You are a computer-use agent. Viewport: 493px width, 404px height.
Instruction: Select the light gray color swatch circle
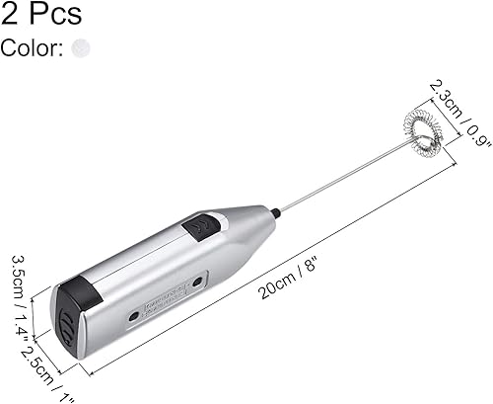tap(82, 47)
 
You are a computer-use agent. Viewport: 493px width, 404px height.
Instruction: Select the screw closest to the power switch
tap(197, 283)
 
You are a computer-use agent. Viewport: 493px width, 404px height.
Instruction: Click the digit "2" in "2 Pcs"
tap(10, 14)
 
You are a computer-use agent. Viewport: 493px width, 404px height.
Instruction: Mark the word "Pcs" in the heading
tap(55, 14)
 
